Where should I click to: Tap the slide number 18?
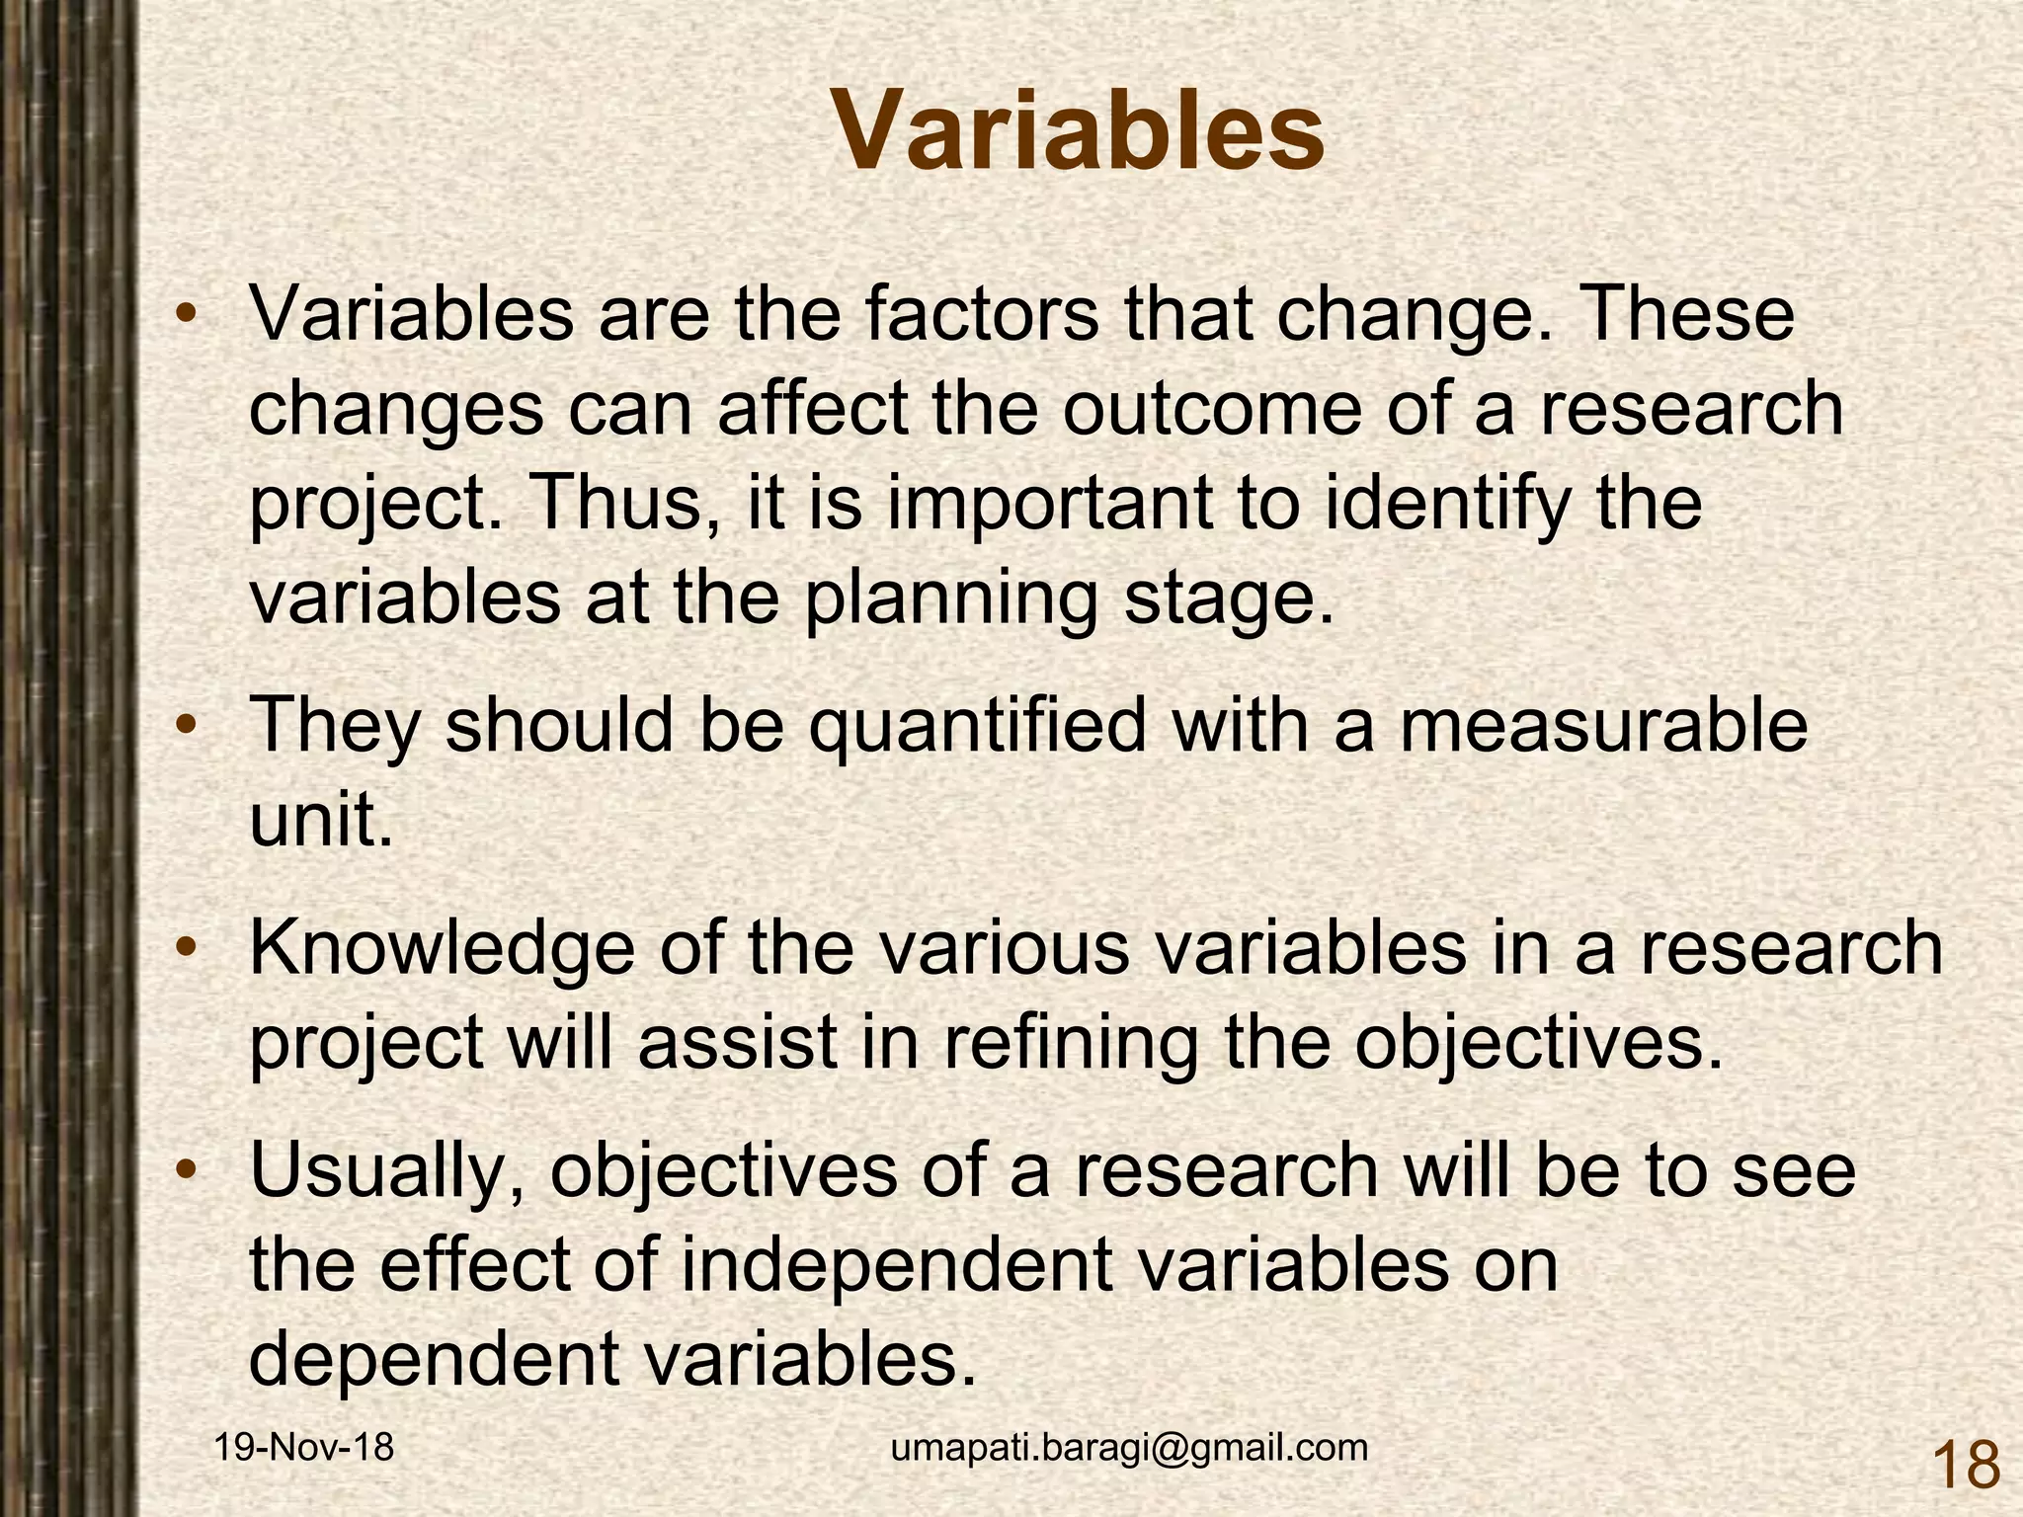coord(1965,1466)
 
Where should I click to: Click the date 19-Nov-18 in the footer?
coord(304,1448)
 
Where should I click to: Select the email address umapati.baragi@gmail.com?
coord(1129,1448)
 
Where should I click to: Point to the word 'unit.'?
coord(321,820)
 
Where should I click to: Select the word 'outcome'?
coord(1210,409)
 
